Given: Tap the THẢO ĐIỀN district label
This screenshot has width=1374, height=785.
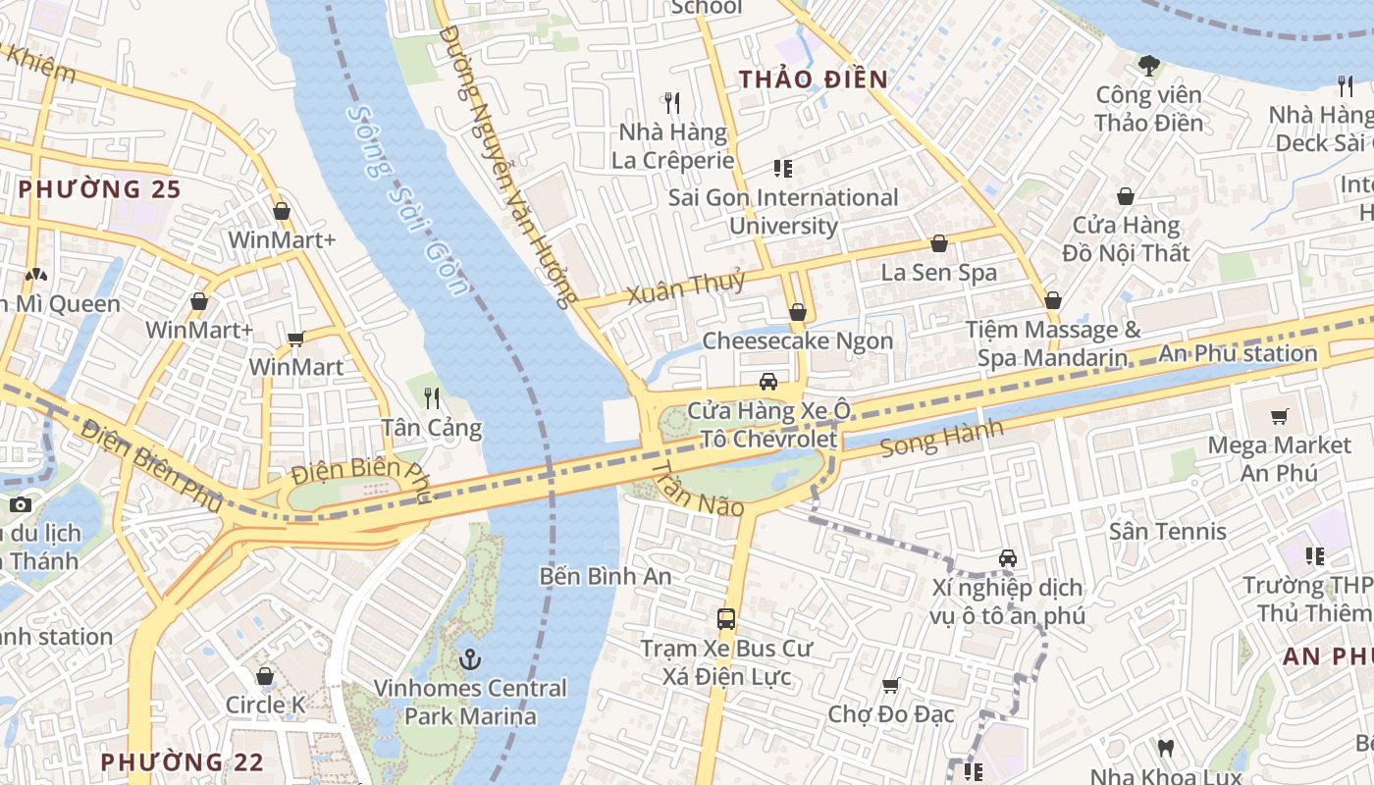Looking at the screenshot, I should (x=813, y=79).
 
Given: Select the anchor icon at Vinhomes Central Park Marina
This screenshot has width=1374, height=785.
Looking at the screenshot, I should (x=470, y=658).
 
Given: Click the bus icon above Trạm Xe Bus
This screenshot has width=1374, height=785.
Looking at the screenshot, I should (x=726, y=619).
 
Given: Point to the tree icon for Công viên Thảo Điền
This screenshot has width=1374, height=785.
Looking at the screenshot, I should (x=1148, y=66).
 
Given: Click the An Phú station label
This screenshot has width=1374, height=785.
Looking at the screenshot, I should (x=1239, y=353).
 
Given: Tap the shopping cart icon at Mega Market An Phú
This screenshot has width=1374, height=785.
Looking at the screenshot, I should (x=1279, y=417).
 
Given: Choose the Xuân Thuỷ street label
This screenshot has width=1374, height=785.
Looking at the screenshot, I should (x=686, y=287).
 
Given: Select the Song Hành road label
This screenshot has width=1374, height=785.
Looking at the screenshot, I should (x=942, y=439).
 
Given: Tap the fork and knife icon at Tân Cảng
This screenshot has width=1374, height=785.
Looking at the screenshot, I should (x=431, y=397).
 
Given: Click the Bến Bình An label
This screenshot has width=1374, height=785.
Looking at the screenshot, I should (x=606, y=576).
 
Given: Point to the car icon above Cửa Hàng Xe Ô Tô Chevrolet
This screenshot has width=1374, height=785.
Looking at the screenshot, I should (x=768, y=381).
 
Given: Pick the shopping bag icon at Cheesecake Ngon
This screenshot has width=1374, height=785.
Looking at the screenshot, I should (x=798, y=312).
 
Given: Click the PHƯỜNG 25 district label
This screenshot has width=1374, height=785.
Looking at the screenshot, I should (x=100, y=188).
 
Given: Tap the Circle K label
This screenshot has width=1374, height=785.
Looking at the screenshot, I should (x=265, y=705).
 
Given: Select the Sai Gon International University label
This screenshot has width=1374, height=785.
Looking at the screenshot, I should (x=783, y=211).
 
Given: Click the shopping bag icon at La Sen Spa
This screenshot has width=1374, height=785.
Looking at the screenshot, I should (x=938, y=243).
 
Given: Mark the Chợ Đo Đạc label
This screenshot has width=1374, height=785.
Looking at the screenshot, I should (x=890, y=713).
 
